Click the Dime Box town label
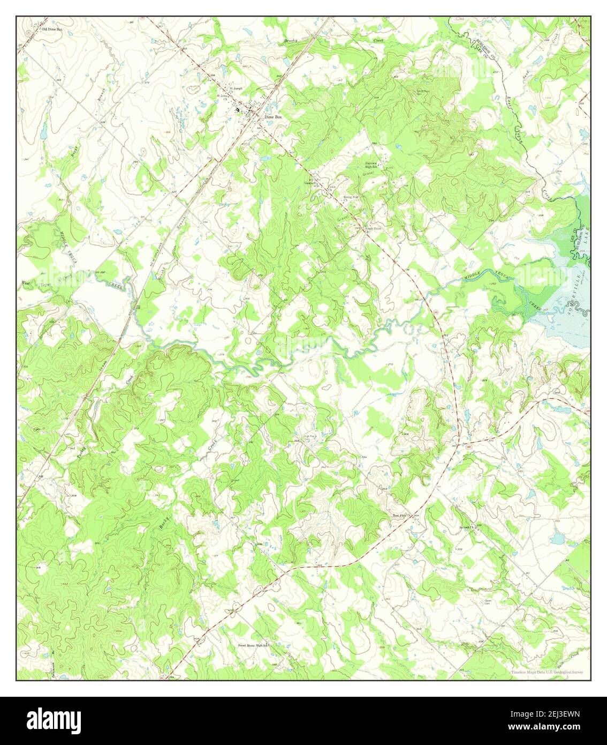coord(272,117)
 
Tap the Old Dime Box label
coord(51,29)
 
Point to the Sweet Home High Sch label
coord(252,645)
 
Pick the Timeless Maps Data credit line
coord(546,672)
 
